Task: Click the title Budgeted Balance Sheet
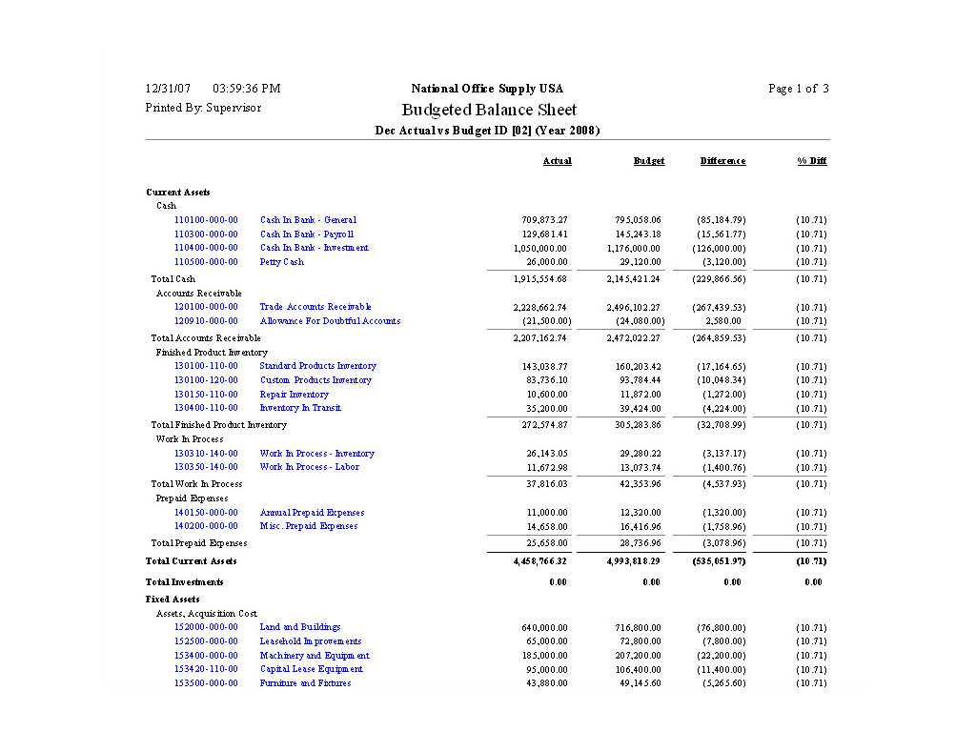(x=488, y=110)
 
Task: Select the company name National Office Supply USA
(x=487, y=89)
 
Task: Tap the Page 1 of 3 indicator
(x=798, y=89)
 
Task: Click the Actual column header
(x=557, y=161)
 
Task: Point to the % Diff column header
(x=812, y=161)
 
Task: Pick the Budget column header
(x=649, y=161)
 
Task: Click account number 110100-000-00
(x=206, y=220)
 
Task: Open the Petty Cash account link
(x=281, y=262)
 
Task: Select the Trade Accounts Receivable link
(x=315, y=307)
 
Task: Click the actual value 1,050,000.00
(x=540, y=249)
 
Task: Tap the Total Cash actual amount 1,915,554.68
(x=540, y=279)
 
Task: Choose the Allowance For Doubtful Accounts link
(x=330, y=321)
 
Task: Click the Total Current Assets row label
(x=191, y=561)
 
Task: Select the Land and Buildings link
(x=300, y=627)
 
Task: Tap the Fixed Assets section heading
(x=173, y=600)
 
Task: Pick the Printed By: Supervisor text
(x=203, y=108)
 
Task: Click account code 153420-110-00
(x=206, y=669)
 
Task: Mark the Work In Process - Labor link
(x=309, y=467)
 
